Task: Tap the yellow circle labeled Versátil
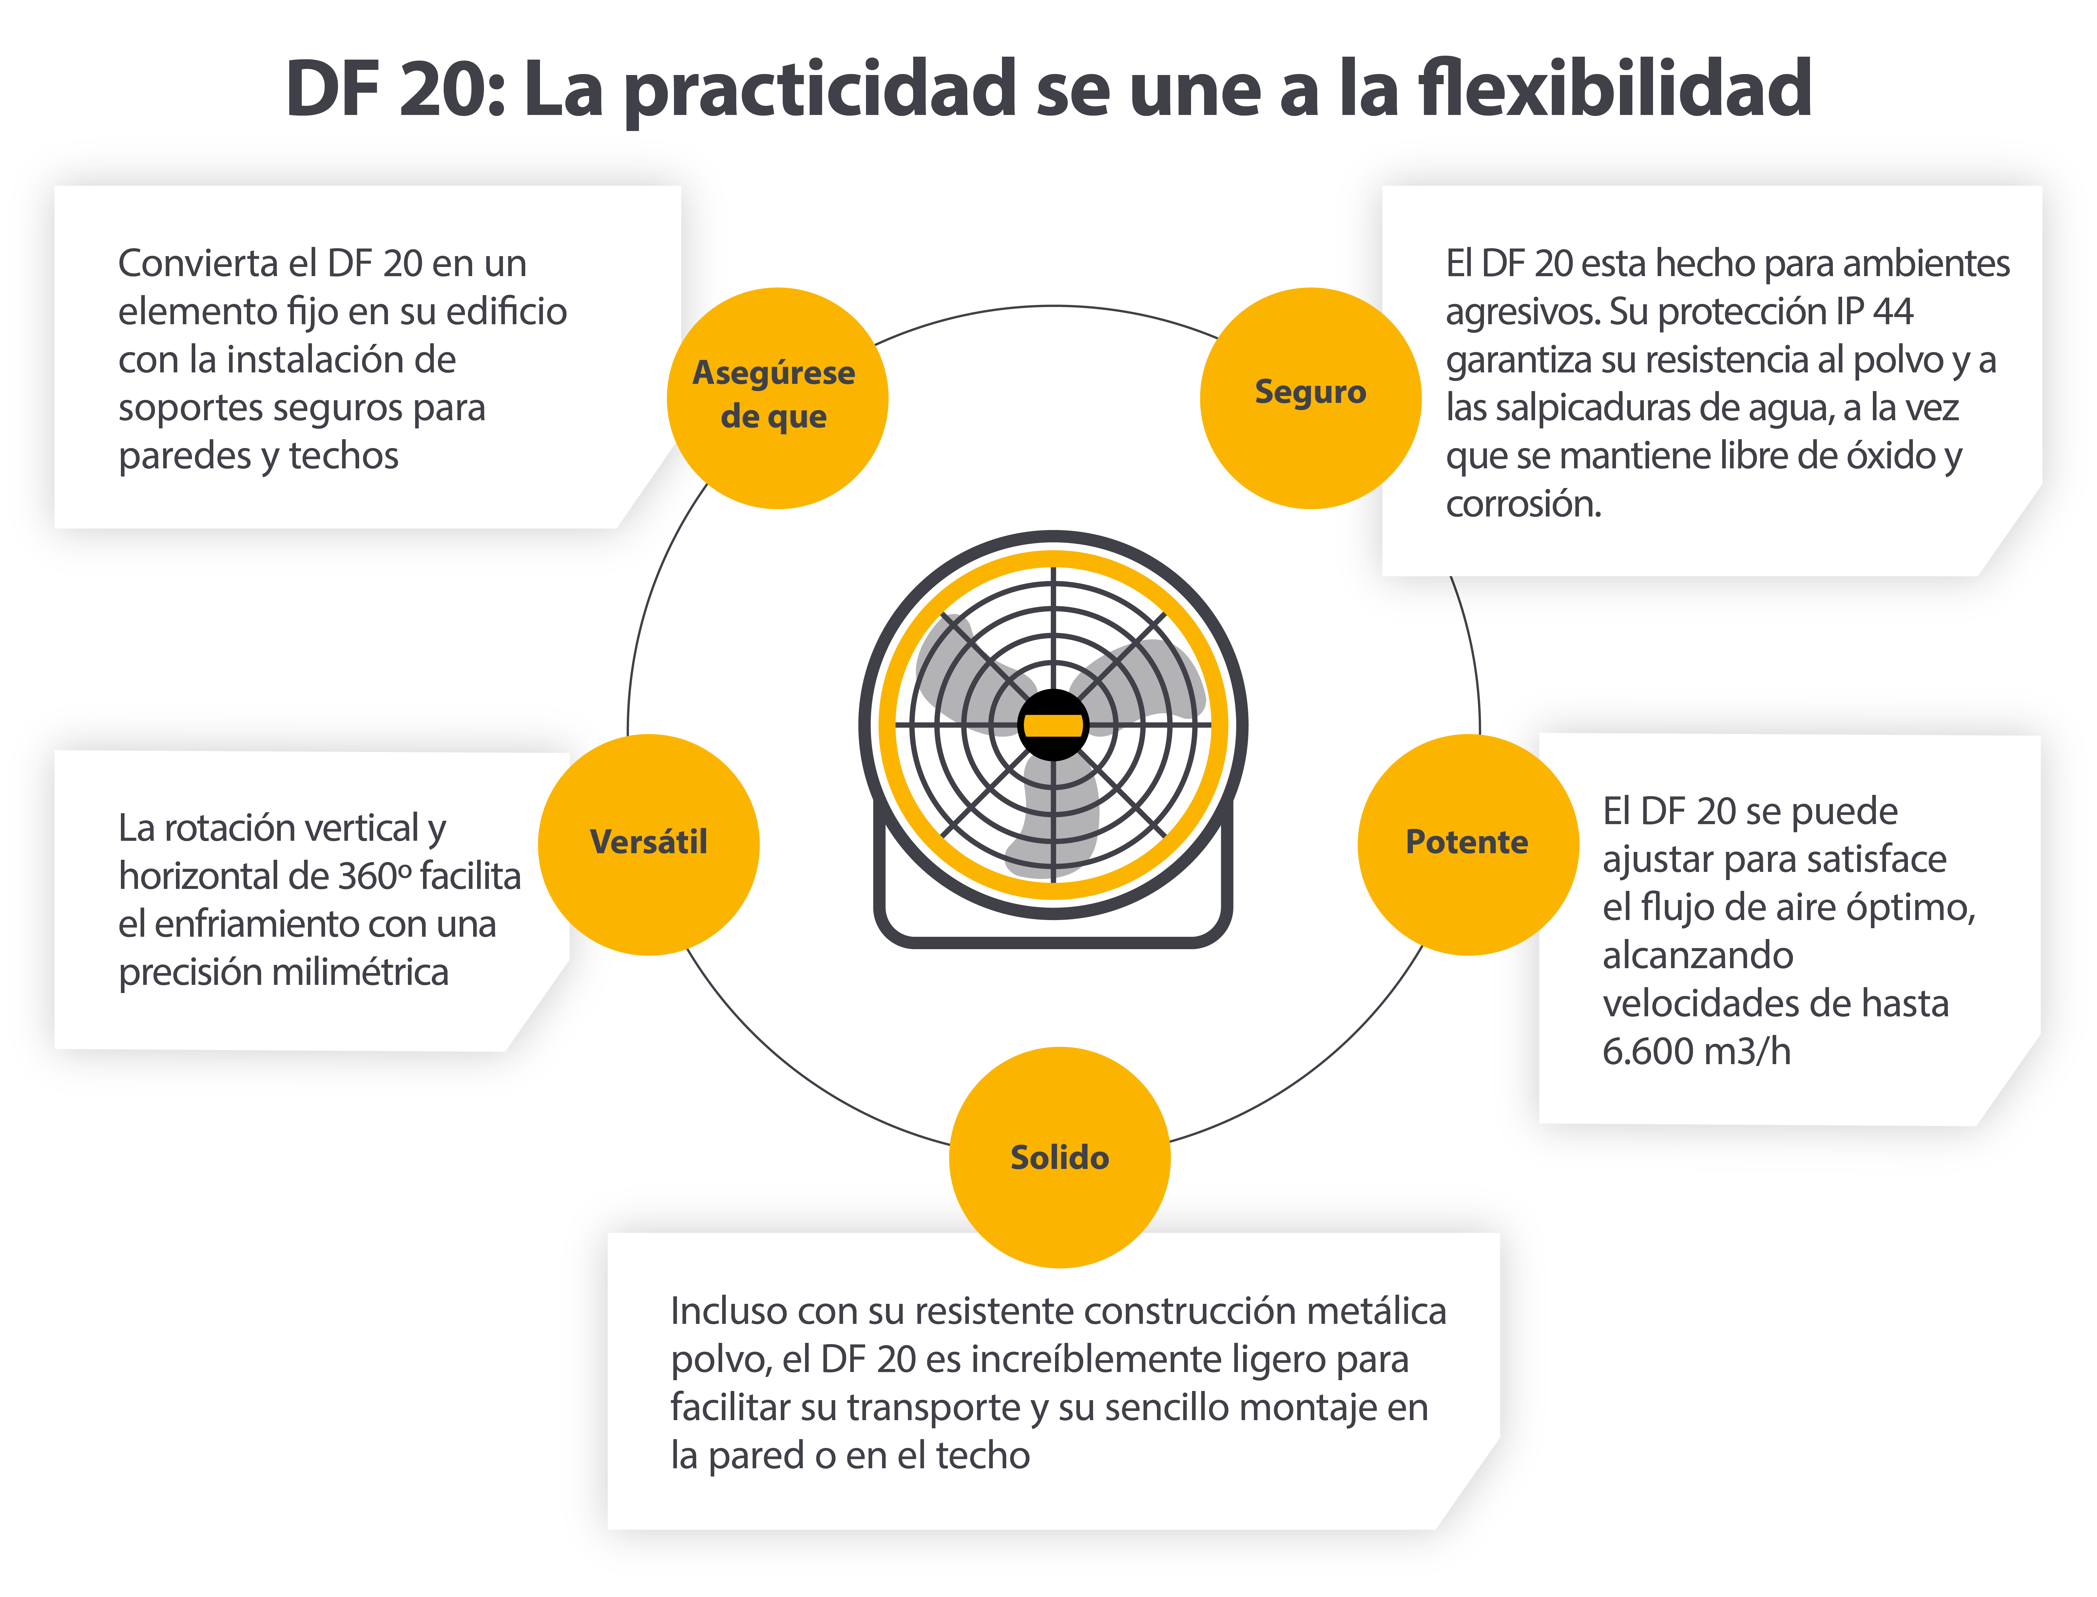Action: [649, 844]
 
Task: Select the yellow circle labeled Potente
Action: [1468, 844]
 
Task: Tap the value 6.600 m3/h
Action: [1696, 1051]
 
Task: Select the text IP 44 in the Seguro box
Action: [1874, 311]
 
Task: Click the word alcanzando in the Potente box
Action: [1698, 955]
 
